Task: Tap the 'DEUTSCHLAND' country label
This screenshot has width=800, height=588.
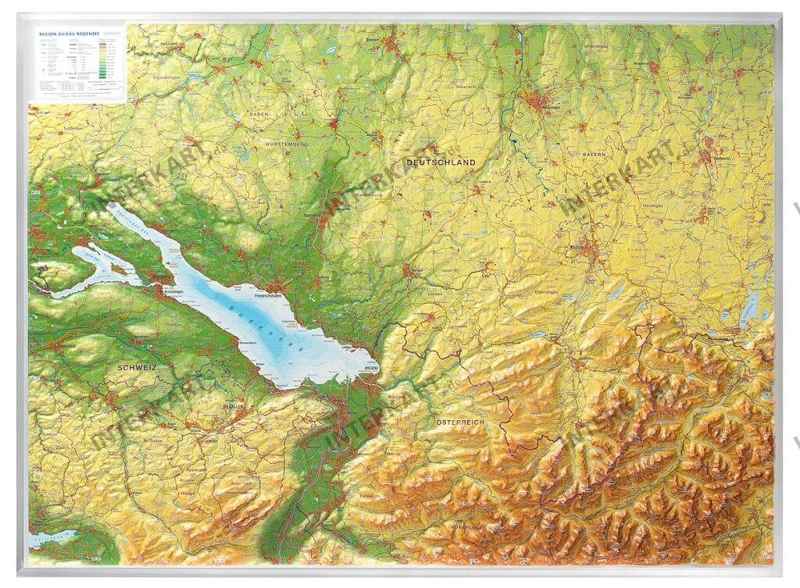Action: click(441, 162)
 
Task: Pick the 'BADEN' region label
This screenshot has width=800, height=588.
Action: click(259, 114)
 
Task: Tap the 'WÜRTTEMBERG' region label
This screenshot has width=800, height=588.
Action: click(284, 144)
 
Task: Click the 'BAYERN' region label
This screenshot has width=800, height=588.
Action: click(594, 155)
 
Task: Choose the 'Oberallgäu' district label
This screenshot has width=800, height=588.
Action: click(549, 294)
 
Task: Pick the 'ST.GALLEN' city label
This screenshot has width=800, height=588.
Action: click(233, 408)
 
